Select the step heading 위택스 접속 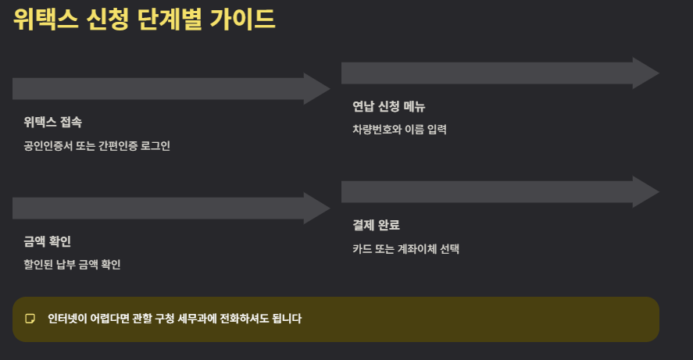[x=52, y=122]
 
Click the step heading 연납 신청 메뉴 [x=388, y=106]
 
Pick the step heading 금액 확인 [x=48, y=241]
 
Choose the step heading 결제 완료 [x=376, y=225]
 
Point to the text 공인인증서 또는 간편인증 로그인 [x=97, y=146]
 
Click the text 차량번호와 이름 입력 [x=399, y=130]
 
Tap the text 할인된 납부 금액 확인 [x=72, y=265]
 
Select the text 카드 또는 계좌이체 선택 [x=405, y=249]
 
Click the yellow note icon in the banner [x=30, y=319]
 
